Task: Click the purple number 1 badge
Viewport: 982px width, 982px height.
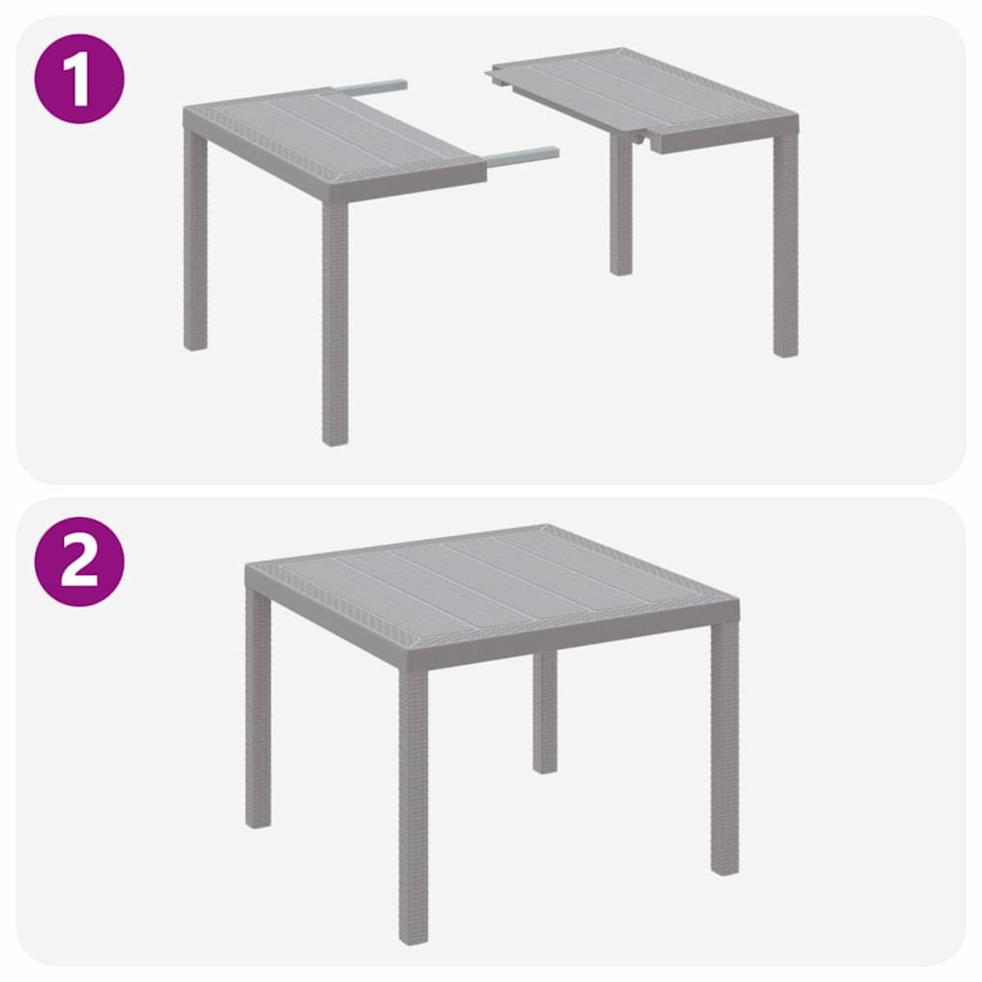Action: click(79, 79)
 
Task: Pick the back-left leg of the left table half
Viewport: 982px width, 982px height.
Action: click(195, 245)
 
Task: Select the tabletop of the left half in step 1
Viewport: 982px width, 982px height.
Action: click(327, 139)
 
